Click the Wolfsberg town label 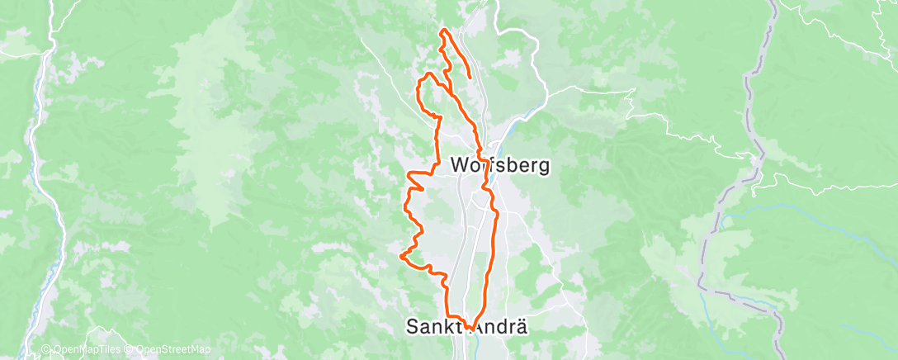click(x=501, y=165)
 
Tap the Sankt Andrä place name click(x=466, y=326)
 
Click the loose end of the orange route click(x=470, y=77)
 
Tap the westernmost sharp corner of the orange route click(x=401, y=257)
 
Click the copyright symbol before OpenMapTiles click(x=46, y=350)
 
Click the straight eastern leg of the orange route click(x=494, y=248)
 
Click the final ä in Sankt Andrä click(x=521, y=326)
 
